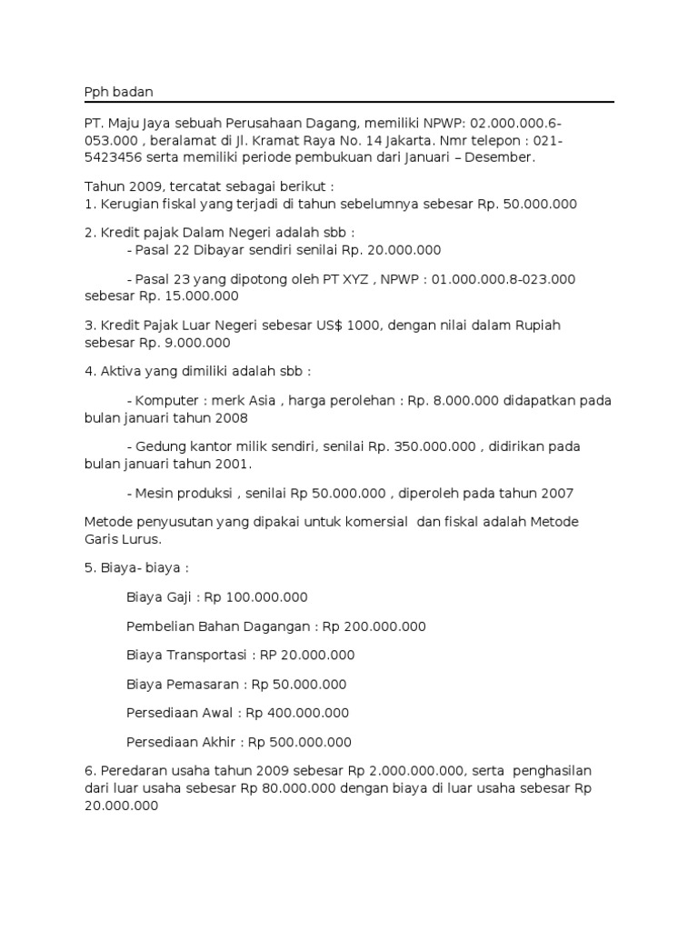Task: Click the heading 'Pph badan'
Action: pyautogui.click(x=115, y=92)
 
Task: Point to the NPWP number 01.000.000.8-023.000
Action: pyautogui.click(x=504, y=279)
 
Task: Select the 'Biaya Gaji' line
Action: pyautogui.click(x=217, y=597)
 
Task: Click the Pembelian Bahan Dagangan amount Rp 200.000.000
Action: pyautogui.click(x=374, y=626)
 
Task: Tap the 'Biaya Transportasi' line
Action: pyautogui.click(x=240, y=655)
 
